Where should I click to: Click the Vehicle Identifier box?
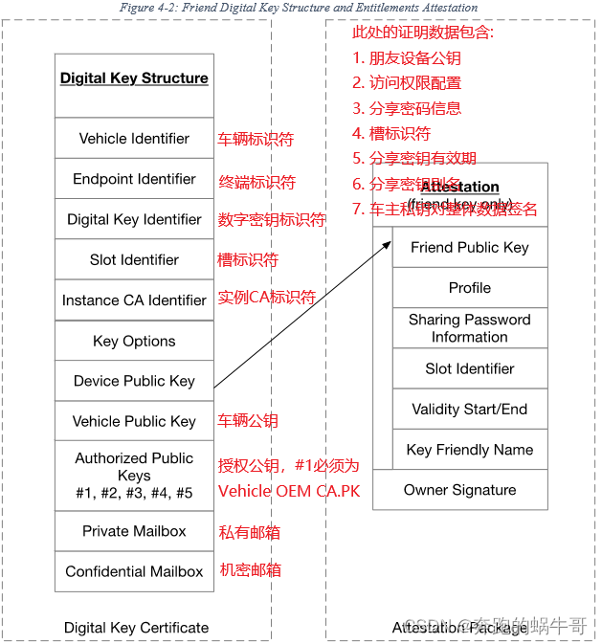(134, 139)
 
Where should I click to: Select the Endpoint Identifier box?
(134, 179)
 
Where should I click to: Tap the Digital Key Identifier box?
(134, 219)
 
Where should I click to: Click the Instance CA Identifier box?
(134, 300)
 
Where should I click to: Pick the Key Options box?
(134, 341)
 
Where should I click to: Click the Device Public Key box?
(134, 381)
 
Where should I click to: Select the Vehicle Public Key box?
(134, 421)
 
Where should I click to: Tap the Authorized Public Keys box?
(134, 476)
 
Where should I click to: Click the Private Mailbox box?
(134, 531)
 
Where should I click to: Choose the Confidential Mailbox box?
(134, 571)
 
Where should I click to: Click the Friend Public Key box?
(469, 247)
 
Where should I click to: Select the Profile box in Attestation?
(469, 288)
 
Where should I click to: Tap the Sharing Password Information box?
(469, 328)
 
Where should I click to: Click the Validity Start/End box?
(469, 409)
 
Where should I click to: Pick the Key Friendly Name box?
(469, 450)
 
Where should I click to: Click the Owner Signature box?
(459, 490)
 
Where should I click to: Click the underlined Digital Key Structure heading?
(134, 78)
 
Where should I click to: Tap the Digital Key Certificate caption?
(136, 628)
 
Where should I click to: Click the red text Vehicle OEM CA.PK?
(289, 491)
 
